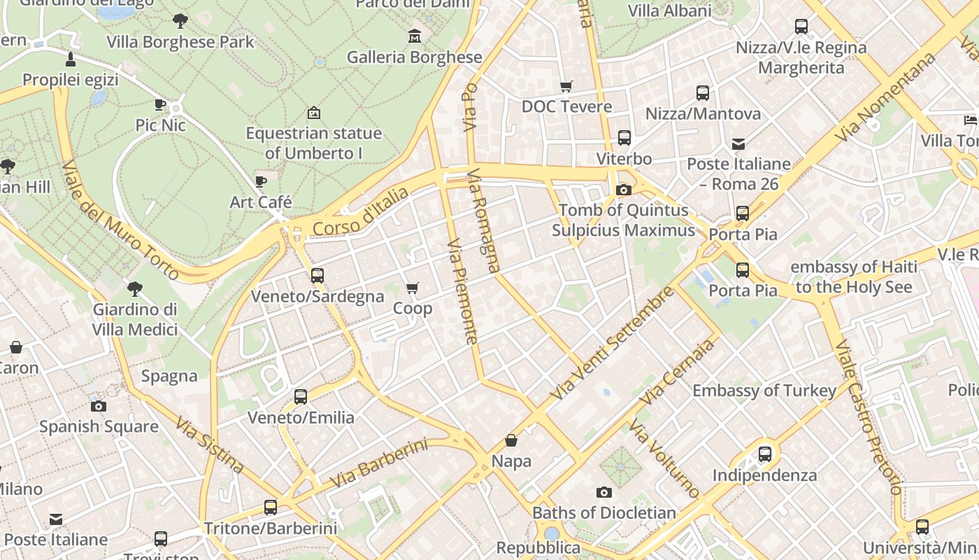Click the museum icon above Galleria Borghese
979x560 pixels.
point(415,36)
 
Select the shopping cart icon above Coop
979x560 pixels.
point(413,288)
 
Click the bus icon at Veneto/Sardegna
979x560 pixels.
point(317,276)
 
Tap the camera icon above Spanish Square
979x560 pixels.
point(99,406)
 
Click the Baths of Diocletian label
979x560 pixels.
point(604,512)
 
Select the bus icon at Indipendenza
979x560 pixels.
point(765,454)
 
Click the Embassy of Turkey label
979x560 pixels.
point(764,391)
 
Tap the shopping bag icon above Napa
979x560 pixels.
point(511,440)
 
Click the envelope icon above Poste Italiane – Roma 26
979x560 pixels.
point(738,144)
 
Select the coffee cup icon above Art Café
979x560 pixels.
point(261,182)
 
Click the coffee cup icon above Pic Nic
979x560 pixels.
point(160,105)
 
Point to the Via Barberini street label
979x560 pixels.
point(378,463)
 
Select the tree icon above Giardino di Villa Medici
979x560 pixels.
point(135,289)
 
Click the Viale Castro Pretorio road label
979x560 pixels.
point(869,416)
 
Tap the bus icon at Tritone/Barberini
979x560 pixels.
point(271,507)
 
